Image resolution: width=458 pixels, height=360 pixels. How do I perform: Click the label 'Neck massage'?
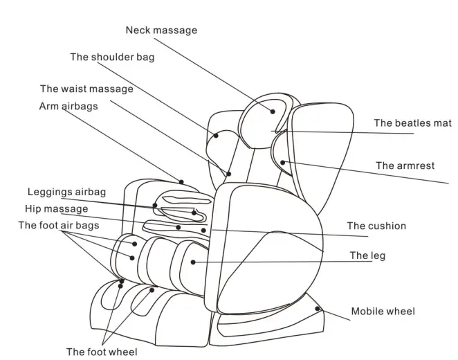[161, 30]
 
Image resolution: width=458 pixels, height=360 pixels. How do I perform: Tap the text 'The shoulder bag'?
[112, 57]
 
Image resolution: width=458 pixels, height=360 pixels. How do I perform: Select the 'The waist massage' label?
[86, 89]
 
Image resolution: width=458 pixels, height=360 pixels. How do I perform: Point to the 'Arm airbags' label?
[68, 107]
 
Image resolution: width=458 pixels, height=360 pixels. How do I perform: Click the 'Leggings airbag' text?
[66, 192]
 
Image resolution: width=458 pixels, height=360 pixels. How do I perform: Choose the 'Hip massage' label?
[56, 208]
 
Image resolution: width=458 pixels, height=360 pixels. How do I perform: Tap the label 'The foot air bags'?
[58, 225]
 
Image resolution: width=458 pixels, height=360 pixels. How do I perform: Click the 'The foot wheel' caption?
[101, 352]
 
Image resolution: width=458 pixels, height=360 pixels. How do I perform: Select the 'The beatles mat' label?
[412, 123]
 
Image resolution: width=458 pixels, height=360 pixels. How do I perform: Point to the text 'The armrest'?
[405, 165]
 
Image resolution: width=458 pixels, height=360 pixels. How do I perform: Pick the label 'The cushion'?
[376, 226]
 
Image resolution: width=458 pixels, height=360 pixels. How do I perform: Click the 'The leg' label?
[367, 256]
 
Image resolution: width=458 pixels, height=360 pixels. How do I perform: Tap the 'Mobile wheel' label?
[383, 312]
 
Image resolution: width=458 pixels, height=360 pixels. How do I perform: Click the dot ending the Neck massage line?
[273, 111]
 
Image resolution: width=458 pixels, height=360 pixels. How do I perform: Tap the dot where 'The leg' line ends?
[193, 262]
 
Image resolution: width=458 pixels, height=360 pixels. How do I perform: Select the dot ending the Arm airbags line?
[182, 182]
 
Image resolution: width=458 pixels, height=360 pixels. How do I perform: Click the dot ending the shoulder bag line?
[217, 136]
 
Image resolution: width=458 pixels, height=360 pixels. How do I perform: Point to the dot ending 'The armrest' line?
[282, 163]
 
